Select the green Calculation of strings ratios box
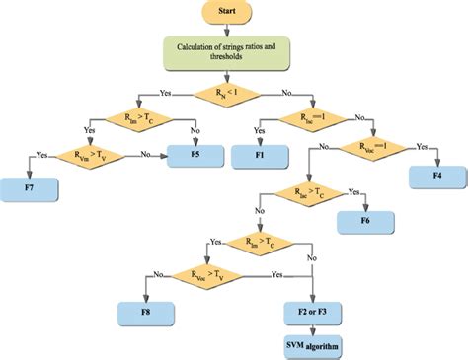click(235, 53)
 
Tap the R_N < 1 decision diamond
click(235, 94)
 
